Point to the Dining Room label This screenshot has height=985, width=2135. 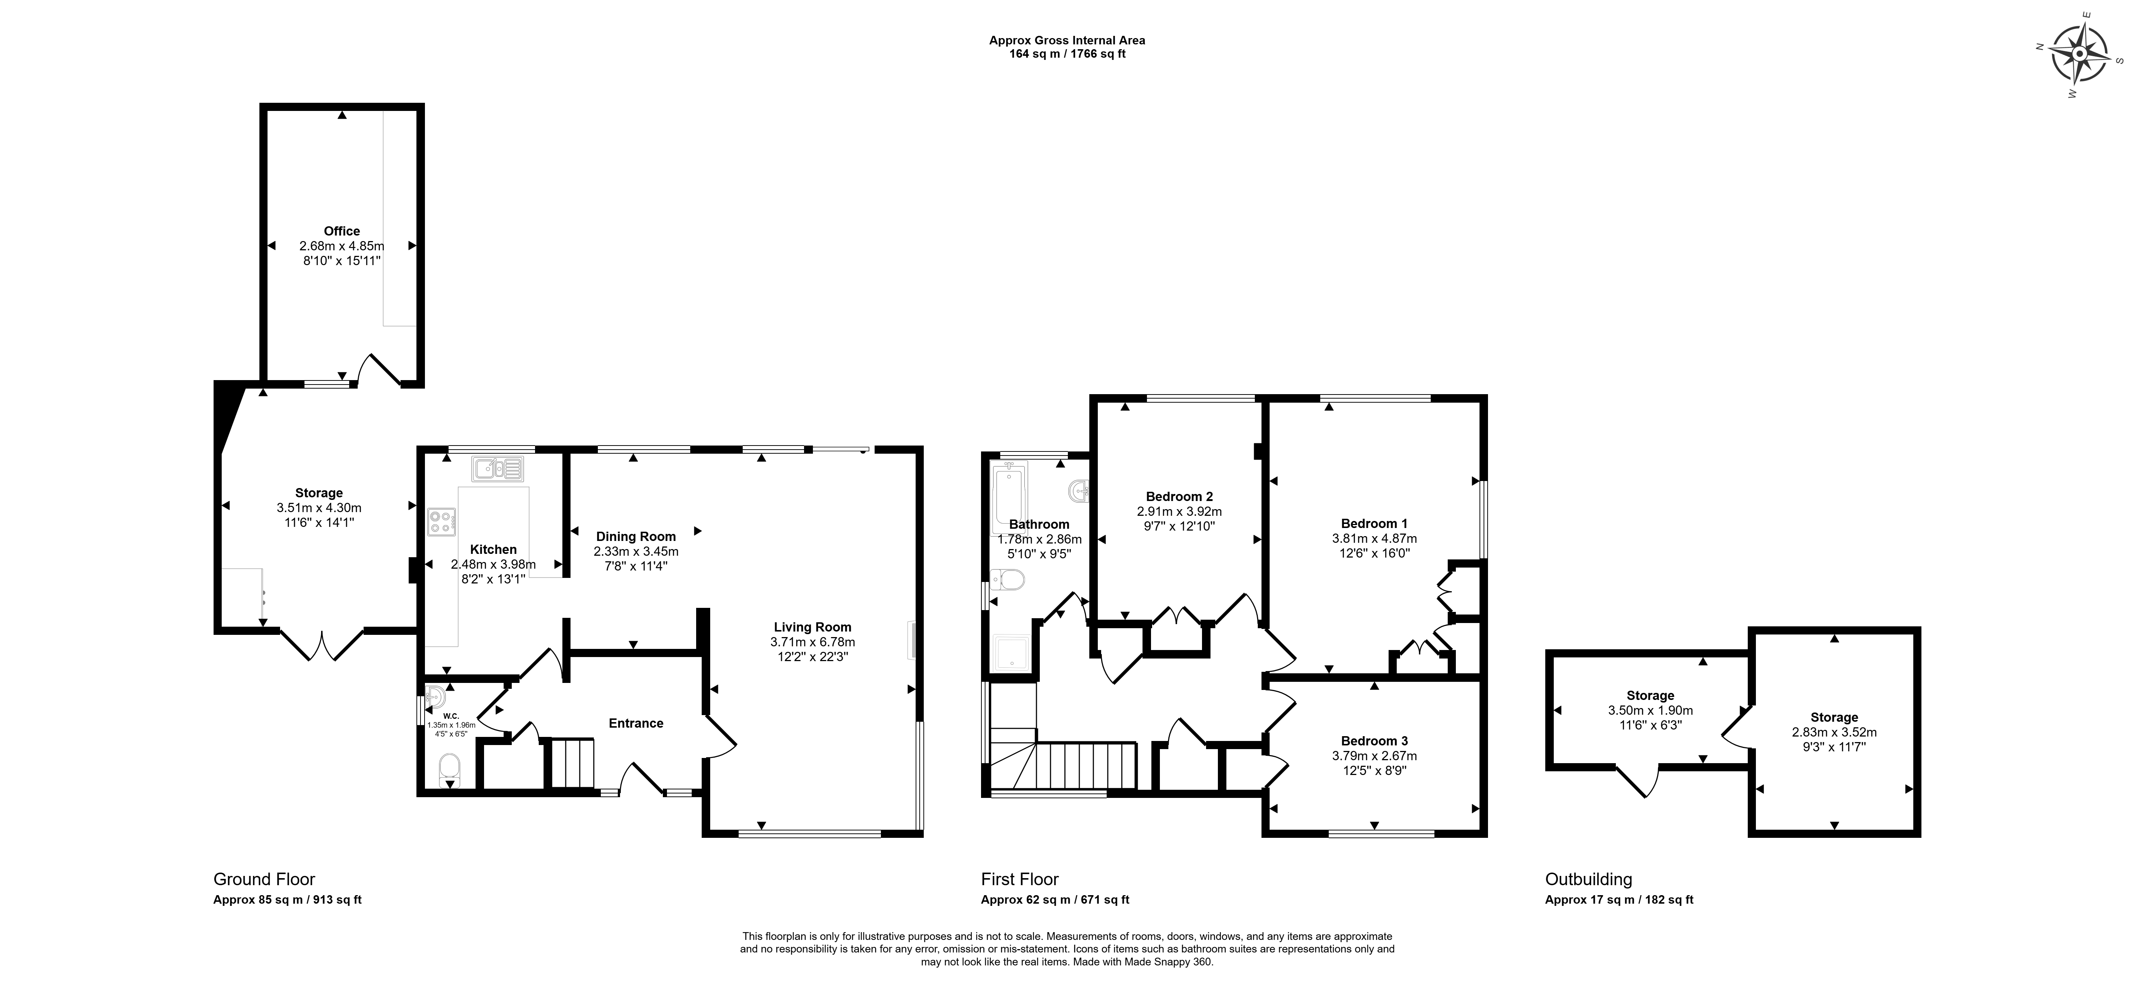tap(636, 536)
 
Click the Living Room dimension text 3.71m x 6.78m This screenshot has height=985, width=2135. tap(812, 642)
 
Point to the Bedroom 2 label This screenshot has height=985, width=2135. tap(1179, 497)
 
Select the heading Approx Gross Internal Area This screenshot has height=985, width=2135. tap(1067, 40)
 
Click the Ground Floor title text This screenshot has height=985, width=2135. tap(265, 880)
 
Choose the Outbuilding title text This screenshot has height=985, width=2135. tap(1589, 880)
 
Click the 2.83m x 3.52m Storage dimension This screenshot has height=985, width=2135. tap(1834, 732)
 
